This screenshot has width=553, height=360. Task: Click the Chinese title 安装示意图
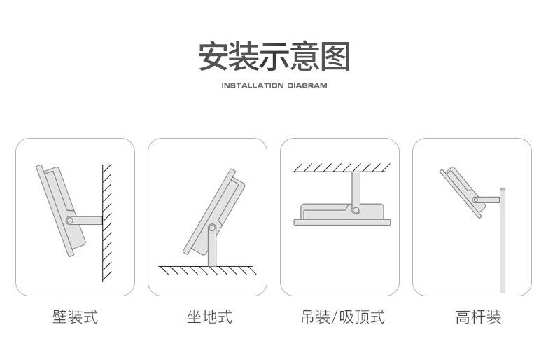274,56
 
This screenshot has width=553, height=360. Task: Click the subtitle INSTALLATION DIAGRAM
274,86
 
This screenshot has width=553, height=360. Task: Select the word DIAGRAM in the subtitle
307,86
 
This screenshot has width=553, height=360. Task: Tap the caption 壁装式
75,317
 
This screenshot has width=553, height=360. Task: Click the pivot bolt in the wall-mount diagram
69,220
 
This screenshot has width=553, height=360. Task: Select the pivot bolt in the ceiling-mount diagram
356,209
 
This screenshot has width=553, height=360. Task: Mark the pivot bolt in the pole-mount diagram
476,200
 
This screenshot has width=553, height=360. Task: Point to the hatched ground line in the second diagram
208,270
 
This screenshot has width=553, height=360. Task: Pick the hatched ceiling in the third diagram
342,167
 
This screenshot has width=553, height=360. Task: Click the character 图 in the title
335,56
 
